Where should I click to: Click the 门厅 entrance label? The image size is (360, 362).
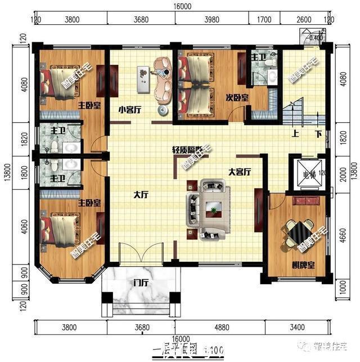coord(141,283)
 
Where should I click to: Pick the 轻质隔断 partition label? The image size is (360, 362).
coord(186,151)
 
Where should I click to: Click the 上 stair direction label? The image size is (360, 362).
coord(295,135)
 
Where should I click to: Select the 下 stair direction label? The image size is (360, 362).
coord(318,135)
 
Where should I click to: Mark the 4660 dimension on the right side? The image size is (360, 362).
coord(343,231)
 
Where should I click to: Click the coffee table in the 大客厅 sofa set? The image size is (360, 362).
coord(214,209)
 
